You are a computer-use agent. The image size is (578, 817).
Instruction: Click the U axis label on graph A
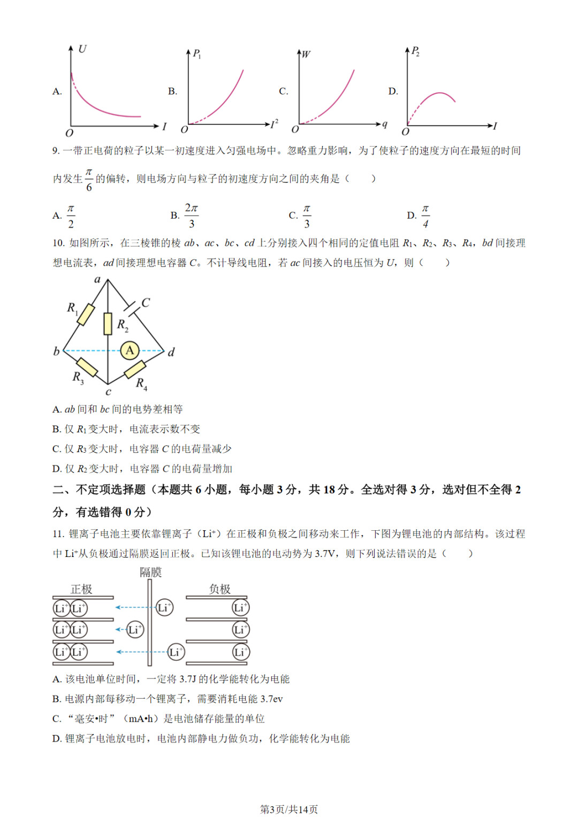click(x=82, y=49)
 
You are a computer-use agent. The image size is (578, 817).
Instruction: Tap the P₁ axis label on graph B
click(x=196, y=54)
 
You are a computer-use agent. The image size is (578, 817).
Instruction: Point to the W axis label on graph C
click(x=306, y=54)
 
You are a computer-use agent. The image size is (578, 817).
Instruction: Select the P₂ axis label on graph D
click(x=415, y=51)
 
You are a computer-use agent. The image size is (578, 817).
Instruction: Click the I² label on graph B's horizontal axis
click(x=274, y=124)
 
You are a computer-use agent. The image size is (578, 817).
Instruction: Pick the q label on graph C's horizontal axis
click(x=384, y=124)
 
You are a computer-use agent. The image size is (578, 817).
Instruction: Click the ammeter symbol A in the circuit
click(x=130, y=350)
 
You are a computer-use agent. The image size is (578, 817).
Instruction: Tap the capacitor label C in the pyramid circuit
click(x=146, y=302)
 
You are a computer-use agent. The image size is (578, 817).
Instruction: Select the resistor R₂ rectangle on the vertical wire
click(x=108, y=324)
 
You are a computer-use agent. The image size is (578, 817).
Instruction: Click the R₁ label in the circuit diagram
click(x=72, y=308)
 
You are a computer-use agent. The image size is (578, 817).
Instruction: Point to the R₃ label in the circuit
click(x=78, y=377)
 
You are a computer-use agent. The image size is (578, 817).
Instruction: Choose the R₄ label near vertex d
click(x=141, y=383)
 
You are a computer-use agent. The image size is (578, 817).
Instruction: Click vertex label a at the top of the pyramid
click(x=97, y=279)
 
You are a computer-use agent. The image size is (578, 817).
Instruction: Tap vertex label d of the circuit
click(x=171, y=352)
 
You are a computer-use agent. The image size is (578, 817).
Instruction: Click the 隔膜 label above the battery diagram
click(x=150, y=572)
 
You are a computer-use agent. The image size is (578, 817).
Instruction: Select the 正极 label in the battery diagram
click(x=81, y=589)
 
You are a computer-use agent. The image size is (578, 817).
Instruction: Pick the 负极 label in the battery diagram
click(x=219, y=589)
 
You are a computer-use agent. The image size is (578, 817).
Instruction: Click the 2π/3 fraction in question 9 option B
click(x=191, y=215)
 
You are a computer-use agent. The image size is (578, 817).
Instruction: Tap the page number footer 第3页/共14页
click(x=289, y=809)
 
